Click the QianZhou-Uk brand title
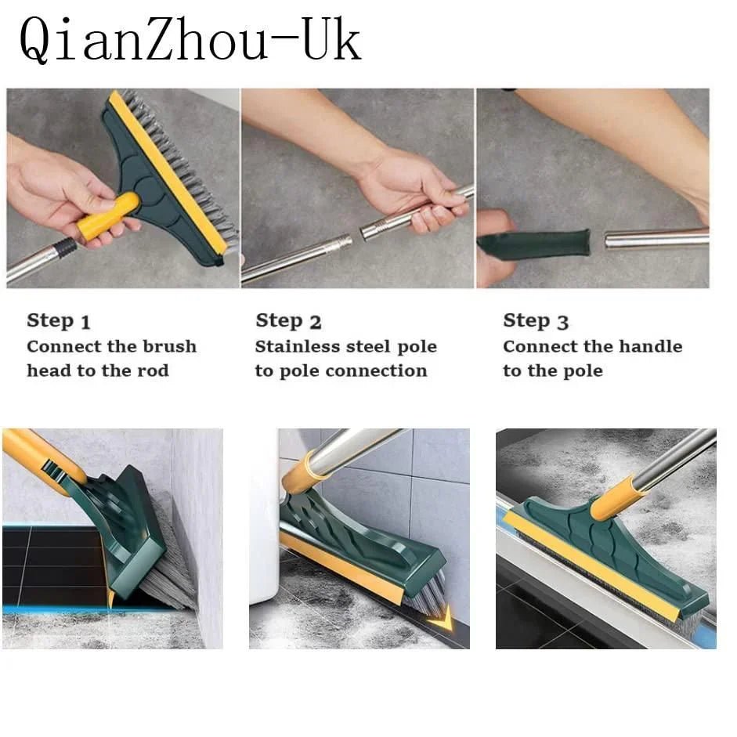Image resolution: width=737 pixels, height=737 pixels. [x=190, y=41]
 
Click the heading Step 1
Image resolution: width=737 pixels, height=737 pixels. [x=59, y=321]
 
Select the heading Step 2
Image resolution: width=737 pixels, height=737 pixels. [x=288, y=321]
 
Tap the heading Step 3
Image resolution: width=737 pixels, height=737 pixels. [x=536, y=321]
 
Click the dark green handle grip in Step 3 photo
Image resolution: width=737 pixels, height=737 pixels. [x=534, y=244]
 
